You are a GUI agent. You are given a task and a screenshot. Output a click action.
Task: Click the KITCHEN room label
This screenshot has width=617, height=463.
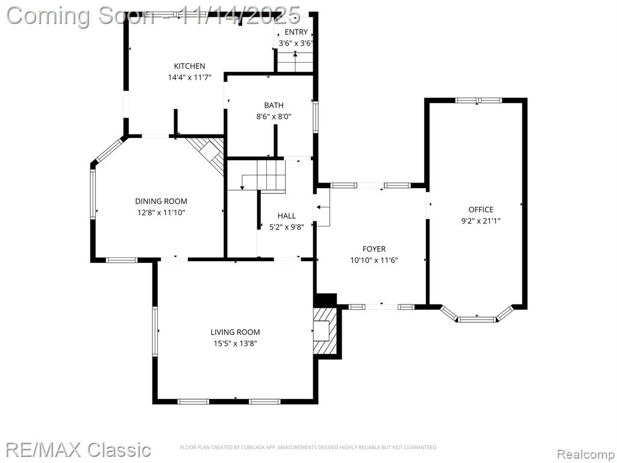(x=190, y=66)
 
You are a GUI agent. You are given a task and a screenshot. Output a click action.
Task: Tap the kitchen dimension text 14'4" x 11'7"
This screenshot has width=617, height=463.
(x=190, y=77)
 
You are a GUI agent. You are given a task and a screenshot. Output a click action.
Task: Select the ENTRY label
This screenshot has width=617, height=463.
(x=296, y=33)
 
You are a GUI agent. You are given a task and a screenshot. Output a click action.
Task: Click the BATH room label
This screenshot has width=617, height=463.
(x=274, y=105)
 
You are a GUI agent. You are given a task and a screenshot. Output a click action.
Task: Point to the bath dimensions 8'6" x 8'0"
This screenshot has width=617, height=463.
(x=274, y=116)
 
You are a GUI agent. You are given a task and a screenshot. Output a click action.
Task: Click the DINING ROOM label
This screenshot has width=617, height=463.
(x=161, y=201)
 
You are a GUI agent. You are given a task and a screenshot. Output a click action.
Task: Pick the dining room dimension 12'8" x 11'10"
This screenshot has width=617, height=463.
(x=161, y=213)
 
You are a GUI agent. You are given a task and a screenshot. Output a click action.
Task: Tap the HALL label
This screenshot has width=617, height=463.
(x=286, y=216)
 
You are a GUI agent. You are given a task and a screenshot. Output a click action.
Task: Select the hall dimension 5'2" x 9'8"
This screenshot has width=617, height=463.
(x=286, y=227)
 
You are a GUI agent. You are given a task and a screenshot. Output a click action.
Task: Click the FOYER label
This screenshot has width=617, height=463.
(x=374, y=249)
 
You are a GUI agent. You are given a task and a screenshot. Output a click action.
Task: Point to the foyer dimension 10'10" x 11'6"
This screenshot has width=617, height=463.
(x=374, y=260)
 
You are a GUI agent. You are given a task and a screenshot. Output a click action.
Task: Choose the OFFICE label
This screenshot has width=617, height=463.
(x=481, y=209)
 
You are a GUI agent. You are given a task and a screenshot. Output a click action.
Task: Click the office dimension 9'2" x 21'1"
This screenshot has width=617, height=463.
(x=481, y=221)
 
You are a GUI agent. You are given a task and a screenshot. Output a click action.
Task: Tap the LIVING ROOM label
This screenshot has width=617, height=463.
(x=236, y=332)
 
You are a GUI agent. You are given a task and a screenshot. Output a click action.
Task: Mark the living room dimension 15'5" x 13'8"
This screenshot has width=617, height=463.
(x=236, y=343)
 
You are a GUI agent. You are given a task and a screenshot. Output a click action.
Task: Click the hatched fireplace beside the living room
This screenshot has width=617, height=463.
(x=325, y=331)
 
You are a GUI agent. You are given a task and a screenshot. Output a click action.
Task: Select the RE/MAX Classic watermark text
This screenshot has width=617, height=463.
(x=78, y=450)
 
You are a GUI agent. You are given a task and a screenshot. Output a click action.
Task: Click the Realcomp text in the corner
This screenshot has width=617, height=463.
(x=586, y=454)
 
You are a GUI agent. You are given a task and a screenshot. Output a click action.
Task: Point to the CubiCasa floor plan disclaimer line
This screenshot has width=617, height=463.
(x=309, y=447)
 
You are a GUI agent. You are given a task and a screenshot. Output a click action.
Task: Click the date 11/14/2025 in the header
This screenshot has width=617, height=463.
(x=240, y=16)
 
